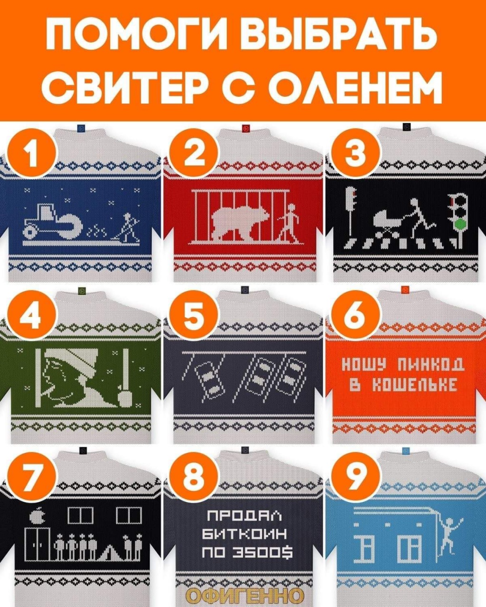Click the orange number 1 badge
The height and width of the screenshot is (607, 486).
coord(33,154)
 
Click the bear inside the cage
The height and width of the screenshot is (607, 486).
coord(240,221)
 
